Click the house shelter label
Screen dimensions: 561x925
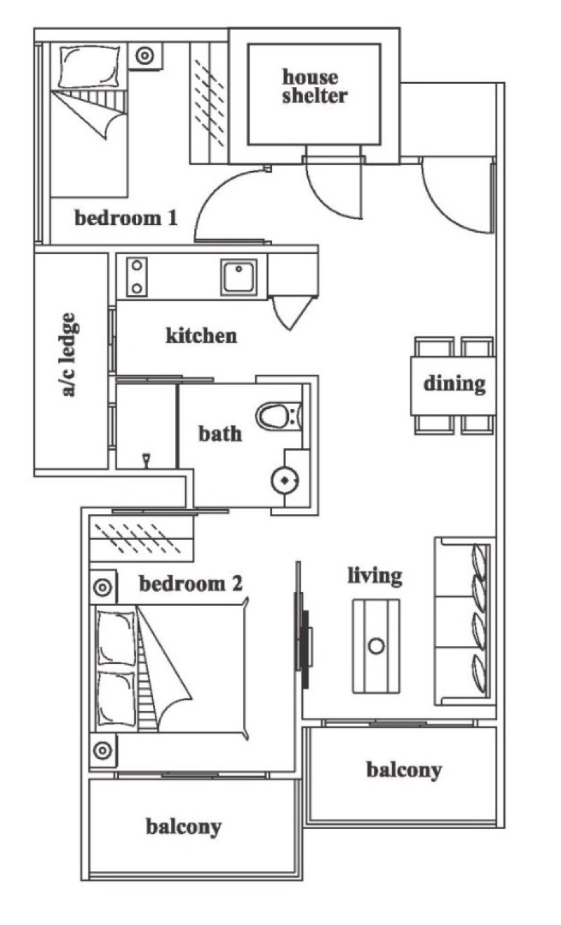315,86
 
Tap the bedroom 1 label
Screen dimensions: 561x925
126,217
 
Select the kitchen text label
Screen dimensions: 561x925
201,335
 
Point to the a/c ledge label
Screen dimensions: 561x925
69,355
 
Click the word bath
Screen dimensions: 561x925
220,433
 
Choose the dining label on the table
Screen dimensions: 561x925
454,384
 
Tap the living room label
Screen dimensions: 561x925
375,576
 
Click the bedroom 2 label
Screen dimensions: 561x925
191,583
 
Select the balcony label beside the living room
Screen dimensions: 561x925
404,771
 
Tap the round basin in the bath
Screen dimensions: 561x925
285,480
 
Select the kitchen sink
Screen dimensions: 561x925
238,277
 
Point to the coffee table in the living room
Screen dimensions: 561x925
376,646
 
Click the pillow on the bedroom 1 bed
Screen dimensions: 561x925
90,67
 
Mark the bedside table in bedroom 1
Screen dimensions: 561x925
145,55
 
